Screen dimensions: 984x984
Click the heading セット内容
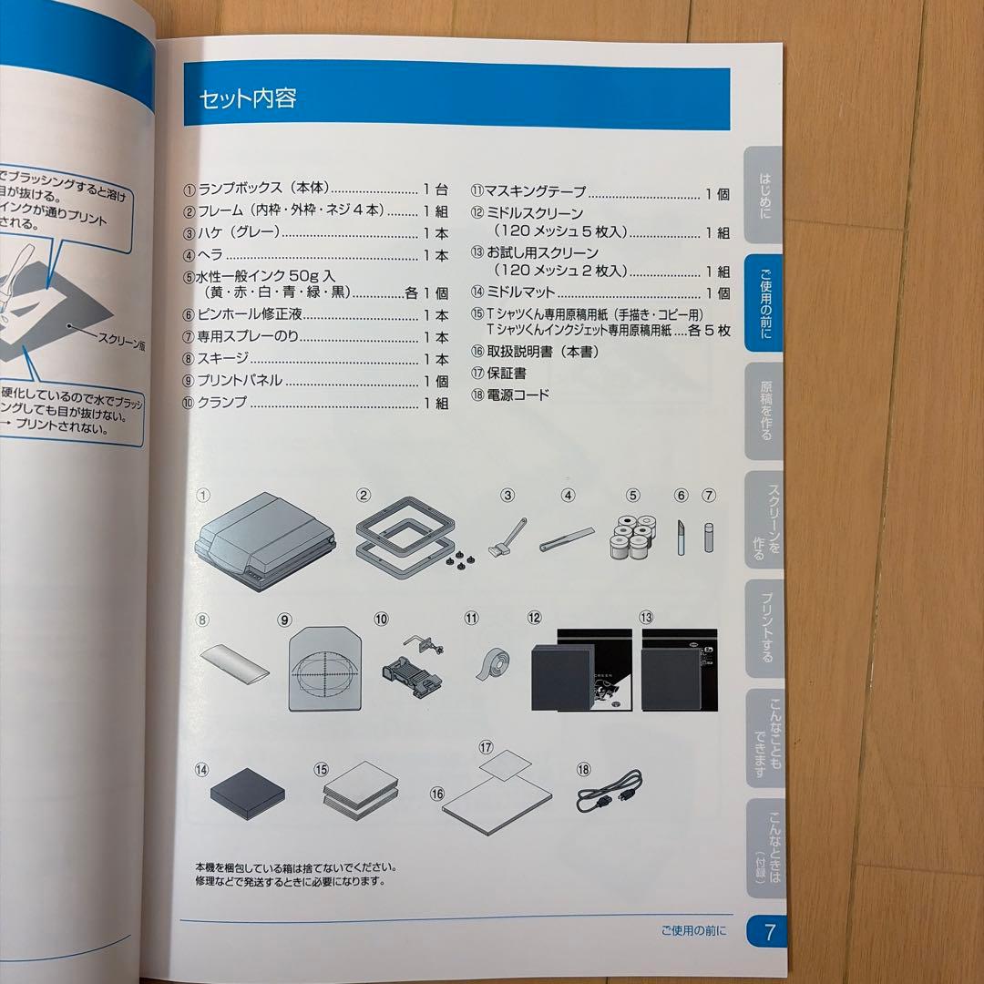click(x=249, y=98)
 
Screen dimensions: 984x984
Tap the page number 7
click(x=769, y=931)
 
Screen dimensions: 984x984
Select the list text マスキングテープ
click(x=536, y=193)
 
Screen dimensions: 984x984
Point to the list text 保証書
click(x=506, y=373)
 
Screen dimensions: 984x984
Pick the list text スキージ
click(x=222, y=359)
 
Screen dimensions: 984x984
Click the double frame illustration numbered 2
click(x=403, y=543)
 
